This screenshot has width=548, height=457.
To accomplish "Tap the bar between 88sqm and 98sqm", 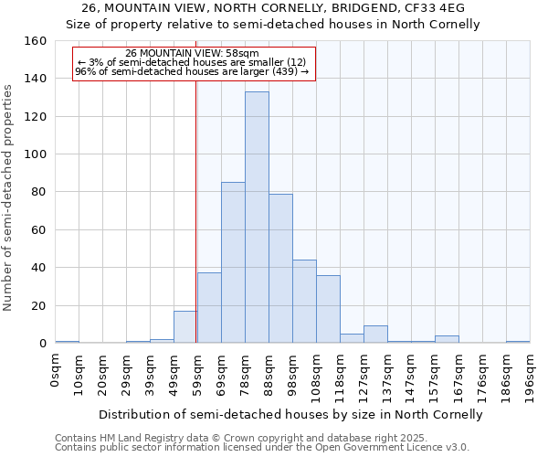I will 280,269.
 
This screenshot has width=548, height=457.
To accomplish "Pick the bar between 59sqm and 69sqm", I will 209,308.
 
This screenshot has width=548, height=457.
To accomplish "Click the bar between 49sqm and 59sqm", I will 184,327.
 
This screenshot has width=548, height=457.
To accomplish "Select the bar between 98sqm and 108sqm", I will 304,302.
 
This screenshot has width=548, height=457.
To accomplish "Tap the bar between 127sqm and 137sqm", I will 375,335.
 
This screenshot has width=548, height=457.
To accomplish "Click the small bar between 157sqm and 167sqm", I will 447,339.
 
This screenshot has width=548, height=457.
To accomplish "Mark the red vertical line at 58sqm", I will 195,228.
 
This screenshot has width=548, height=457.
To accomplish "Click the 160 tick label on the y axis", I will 36,41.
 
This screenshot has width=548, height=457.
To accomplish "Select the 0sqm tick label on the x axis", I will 56,370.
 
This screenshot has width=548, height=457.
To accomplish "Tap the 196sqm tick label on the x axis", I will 531,375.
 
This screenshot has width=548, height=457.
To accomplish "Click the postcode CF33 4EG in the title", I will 434,7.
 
